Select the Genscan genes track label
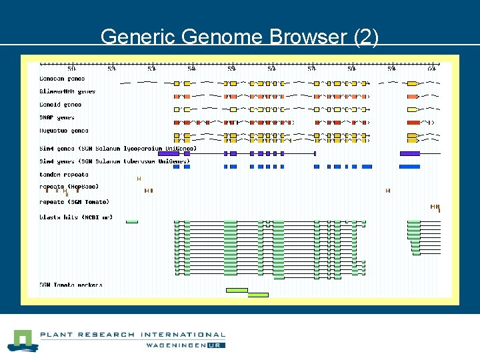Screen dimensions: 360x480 (61, 79)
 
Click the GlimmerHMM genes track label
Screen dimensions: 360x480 (67, 91)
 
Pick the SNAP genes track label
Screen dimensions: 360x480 (57, 117)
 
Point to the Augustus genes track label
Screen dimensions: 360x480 (63, 131)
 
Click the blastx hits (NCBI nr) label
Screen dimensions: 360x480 (75, 217)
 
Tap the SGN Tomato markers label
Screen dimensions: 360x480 (71, 285)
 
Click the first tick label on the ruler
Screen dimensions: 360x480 (72, 69)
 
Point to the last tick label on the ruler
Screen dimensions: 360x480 (432, 69)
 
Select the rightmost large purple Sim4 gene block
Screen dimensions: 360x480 (409, 153)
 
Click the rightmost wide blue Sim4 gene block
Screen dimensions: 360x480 (409, 167)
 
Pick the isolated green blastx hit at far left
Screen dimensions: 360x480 (132, 221)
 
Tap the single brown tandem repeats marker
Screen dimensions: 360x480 (139, 179)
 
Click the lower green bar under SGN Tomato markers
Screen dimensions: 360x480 (257, 295)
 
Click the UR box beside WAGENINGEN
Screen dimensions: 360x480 (216, 345)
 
